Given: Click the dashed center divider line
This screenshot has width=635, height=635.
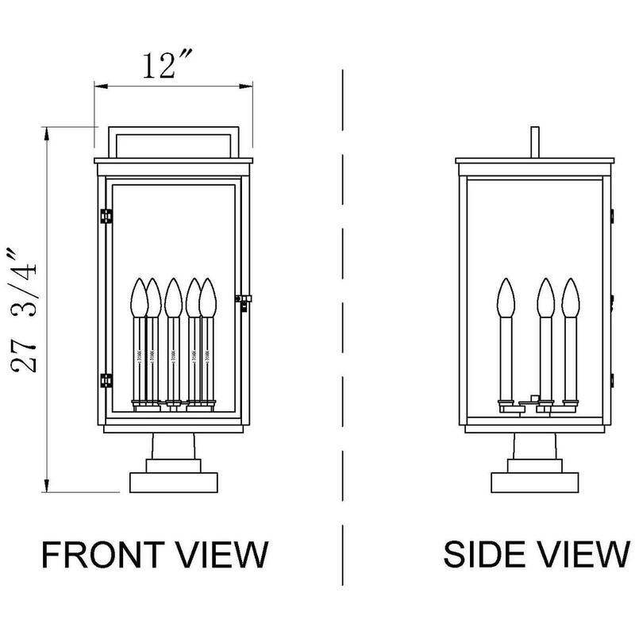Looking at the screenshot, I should [x=343, y=317].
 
